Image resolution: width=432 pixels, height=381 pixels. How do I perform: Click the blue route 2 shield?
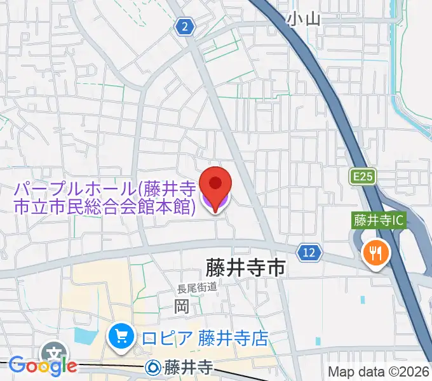click(x=185, y=27)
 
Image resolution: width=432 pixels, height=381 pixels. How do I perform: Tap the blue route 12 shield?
click(x=309, y=253)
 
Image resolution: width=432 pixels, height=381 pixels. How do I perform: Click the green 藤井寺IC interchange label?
click(x=379, y=222)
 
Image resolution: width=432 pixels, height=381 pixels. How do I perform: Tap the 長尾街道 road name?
click(x=197, y=288)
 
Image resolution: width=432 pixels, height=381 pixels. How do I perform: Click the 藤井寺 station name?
click(x=189, y=367)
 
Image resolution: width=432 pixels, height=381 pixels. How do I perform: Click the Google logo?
click(x=43, y=365)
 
